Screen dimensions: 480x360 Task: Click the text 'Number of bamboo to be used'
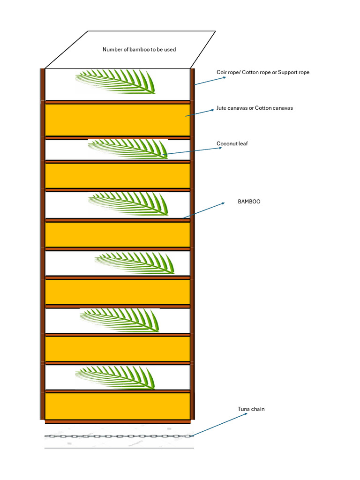[139, 49]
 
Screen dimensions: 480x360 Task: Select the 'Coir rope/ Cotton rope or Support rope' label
[262, 72]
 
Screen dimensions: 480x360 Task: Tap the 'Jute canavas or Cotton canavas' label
[255, 108]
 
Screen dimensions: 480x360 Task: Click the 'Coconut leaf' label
[232, 143]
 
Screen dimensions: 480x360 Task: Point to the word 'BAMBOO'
[249, 202]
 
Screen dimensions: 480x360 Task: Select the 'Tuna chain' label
[251, 409]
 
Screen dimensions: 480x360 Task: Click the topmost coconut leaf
[115, 81]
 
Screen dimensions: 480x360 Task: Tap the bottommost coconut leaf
[115, 377]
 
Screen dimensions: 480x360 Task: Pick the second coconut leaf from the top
[127, 148]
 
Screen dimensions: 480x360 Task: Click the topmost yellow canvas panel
[117, 120]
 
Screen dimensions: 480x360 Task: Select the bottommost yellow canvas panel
[117, 406]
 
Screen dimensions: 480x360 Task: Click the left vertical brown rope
[42, 244]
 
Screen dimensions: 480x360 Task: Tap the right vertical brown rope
[192, 244]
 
